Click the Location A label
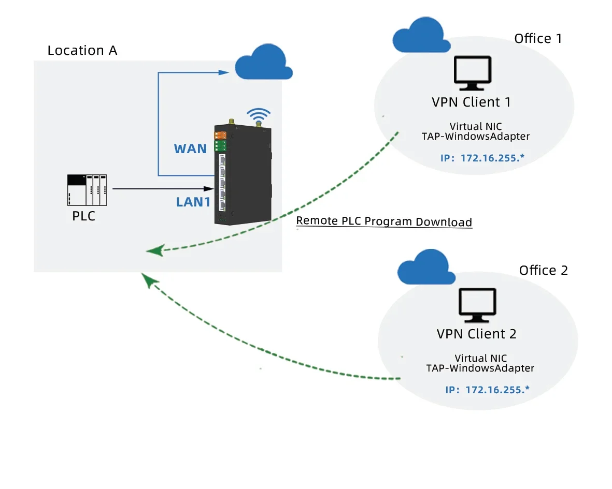[82, 51]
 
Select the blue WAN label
[190, 149]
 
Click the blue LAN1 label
[193, 202]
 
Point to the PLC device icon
[87, 190]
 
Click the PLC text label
[84, 216]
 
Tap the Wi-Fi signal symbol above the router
[258, 115]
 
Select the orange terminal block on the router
[221, 135]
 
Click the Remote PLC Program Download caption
[384, 222]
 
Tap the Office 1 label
[538, 39]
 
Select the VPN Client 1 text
[471, 102]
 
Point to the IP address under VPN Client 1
[481, 157]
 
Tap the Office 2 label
[543, 271]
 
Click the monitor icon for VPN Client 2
[477, 306]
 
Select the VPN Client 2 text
[476, 334]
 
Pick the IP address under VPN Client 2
[487, 390]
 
